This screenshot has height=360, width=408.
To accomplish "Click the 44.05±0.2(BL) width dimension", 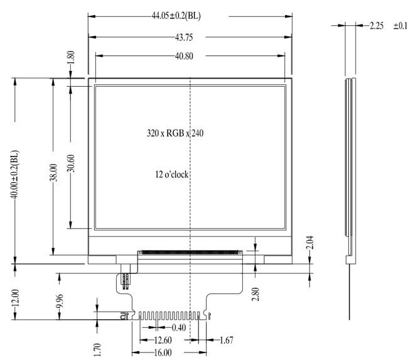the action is click(176, 16).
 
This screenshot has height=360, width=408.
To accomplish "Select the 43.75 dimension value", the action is click(184, 38).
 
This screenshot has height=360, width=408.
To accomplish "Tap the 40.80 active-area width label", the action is click(184, 57).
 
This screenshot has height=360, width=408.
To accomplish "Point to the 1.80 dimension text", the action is click(71, 57).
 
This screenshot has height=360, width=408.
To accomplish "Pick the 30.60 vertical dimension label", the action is click(71, 163).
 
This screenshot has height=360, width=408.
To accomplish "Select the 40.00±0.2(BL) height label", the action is click(14, 175).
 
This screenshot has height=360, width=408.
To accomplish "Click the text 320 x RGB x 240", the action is click(175, 133).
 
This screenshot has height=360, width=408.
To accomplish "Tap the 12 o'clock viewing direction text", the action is click(172, 174).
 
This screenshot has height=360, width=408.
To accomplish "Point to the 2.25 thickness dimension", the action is click(377, 26).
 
